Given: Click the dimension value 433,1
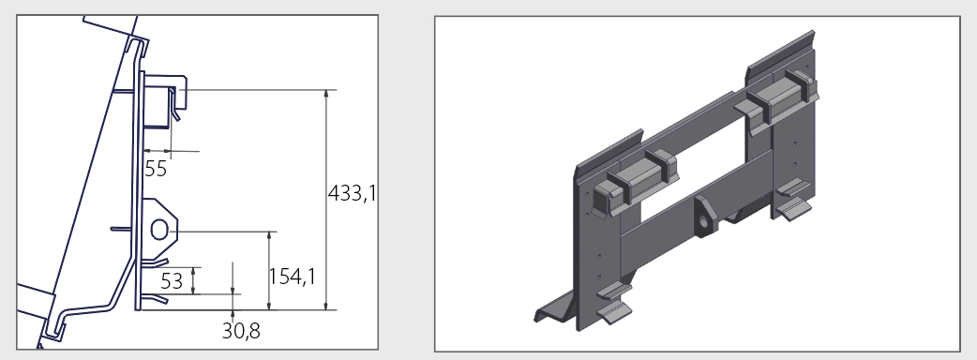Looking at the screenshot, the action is coord(352,194).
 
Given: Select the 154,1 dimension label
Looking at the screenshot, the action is coord(293,277).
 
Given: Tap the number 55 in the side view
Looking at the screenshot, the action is coord(156,169).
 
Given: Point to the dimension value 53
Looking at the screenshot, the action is coord(172,281).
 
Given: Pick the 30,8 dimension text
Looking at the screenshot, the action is coord(241,331).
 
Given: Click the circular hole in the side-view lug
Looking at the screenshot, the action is coord(158,230).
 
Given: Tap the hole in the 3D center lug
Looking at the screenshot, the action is coord(704,222).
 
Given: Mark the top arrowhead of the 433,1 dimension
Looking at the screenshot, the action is coord(326,95).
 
